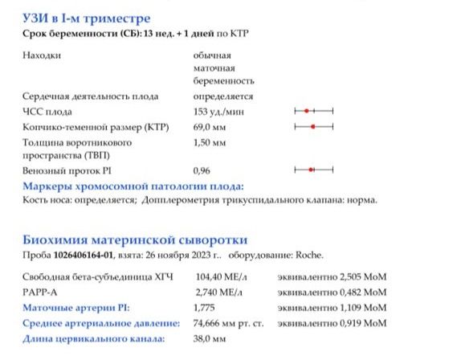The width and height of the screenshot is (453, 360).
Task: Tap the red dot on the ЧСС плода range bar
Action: (x=307, y=110)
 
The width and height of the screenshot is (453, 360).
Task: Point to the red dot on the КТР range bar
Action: (x=312, y=127)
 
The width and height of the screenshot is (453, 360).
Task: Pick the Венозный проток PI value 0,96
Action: (x=202, y=170)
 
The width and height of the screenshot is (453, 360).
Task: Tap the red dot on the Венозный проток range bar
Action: (x=311, y=170)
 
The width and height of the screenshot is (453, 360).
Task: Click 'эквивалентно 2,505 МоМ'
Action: (x=331, y=276)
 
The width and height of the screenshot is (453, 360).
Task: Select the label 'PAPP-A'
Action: (x=39, y=292)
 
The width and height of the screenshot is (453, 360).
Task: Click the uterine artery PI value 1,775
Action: (x=206, y=307)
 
